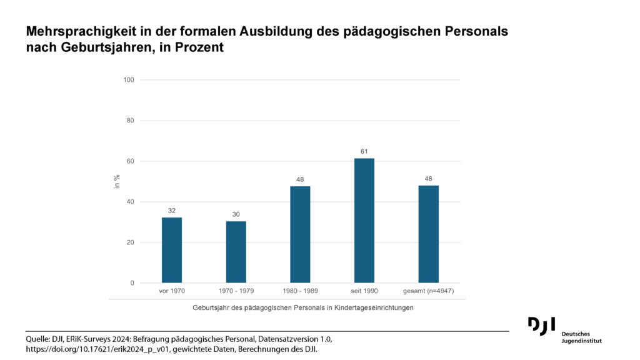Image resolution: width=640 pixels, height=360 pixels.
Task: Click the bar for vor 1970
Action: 172,250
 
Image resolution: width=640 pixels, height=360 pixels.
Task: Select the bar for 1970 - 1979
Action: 236,252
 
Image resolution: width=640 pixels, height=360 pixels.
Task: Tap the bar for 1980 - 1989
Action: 300,235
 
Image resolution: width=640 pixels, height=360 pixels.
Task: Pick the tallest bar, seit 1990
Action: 364,221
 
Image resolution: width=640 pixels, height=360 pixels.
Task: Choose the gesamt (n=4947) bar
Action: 429,234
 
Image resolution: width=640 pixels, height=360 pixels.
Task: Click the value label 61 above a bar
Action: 364,151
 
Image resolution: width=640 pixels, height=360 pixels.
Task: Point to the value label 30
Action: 236,214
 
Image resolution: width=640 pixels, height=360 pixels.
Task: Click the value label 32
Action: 172,211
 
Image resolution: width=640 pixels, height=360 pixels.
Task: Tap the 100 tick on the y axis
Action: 129,80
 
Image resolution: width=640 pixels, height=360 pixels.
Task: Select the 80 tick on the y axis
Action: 130,121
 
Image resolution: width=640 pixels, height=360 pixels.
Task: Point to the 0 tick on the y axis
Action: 132,283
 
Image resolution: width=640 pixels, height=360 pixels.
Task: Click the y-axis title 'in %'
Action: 117,181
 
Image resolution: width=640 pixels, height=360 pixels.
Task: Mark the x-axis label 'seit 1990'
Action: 364,291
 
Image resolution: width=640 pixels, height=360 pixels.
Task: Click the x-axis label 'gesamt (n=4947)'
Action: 429,291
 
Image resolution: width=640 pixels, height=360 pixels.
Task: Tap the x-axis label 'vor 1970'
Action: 172,291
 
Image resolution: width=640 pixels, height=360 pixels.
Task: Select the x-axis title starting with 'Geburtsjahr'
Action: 303,307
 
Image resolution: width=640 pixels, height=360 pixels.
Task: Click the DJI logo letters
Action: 542,326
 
